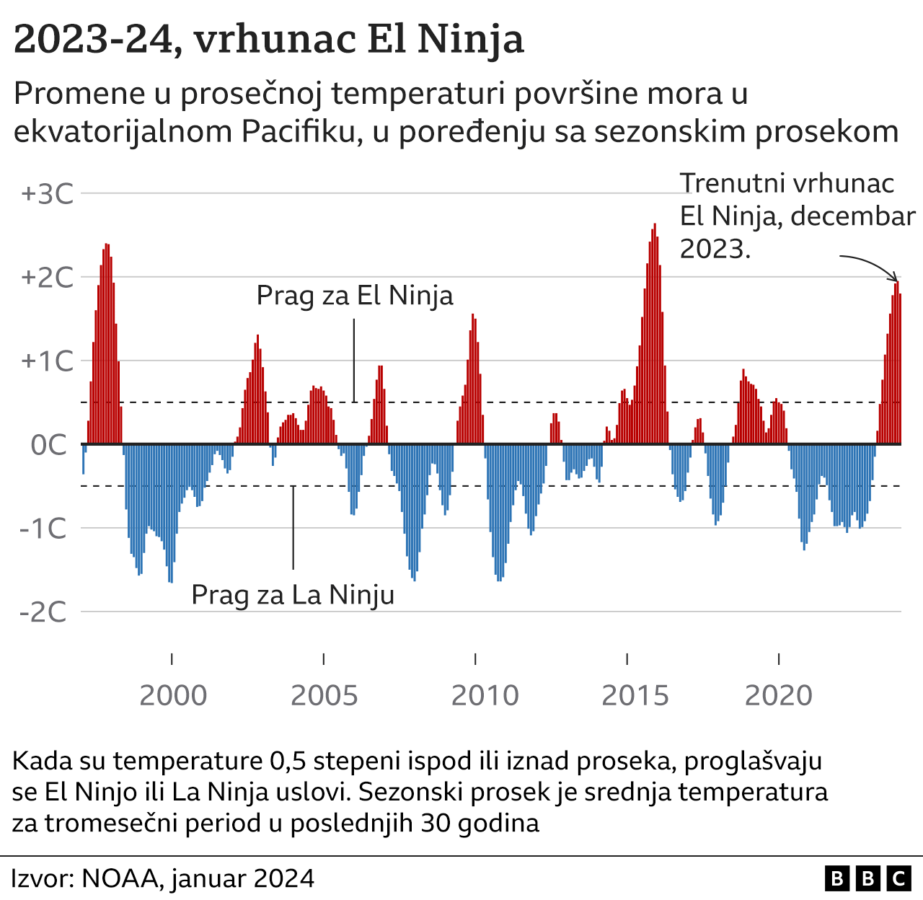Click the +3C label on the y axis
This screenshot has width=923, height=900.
48,194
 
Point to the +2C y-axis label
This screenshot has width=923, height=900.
48,278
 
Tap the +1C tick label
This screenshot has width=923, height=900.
48,361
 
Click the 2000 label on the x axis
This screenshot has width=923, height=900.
172,696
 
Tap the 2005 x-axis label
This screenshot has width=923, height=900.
324,696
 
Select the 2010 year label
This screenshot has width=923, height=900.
485,696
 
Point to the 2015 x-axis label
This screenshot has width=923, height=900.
635,696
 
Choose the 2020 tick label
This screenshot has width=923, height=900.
779,696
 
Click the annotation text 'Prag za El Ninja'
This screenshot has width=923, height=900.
355,296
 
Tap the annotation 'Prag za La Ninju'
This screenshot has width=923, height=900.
293,596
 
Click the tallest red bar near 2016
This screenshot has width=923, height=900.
655,332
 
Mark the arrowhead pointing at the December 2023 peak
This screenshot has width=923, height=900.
896,280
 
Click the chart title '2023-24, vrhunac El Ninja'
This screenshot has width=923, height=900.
268,39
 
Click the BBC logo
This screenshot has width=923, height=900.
867,878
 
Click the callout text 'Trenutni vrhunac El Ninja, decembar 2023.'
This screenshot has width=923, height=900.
793,216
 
